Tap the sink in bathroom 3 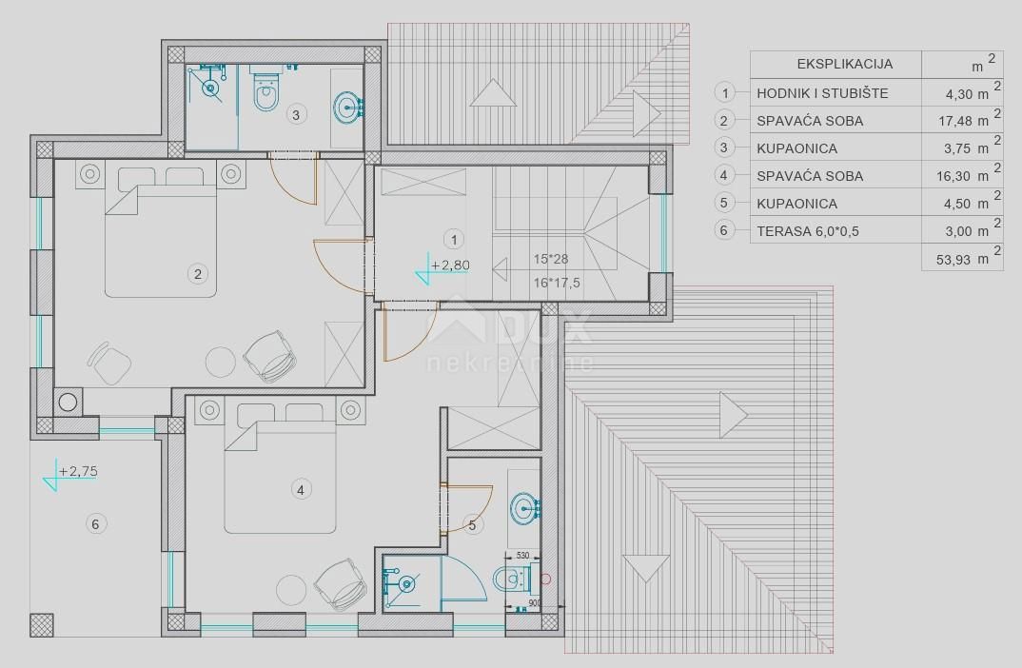(x=345, y=108)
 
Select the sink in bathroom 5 (x=522, y=507)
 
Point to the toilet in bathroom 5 (x=510, y=577)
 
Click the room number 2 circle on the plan (x=198, y=274)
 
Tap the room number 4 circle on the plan (x=300, y=489)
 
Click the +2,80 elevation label (x=449, y=265)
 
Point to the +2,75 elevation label (x=78, y=470)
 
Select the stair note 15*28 (x=552, y=259)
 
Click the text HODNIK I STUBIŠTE (x=822, y=93)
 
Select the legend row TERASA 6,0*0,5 (x=810, y=230)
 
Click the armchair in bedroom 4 (x=341, y=580)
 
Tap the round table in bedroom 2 (x=221, y=362)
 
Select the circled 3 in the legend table (x=726, y=147)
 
